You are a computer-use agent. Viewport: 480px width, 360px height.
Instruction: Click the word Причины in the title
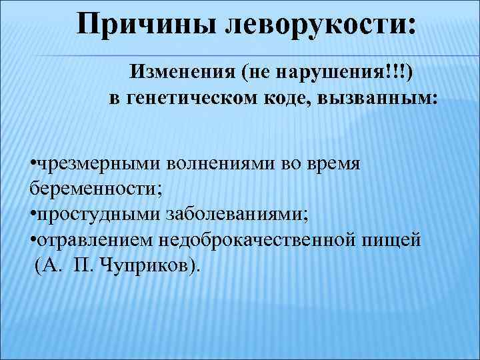148,25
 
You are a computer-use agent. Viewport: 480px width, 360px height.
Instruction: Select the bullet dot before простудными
33,215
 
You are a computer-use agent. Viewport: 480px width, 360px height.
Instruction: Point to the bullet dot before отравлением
33,241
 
